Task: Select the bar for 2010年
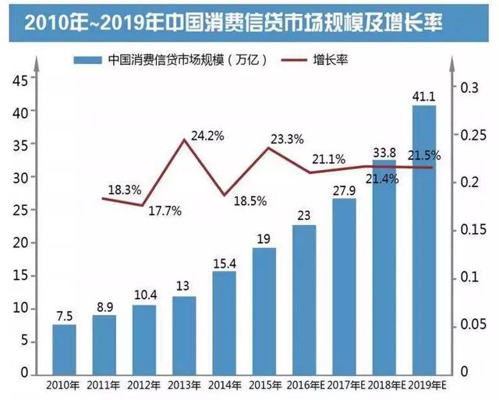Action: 65,349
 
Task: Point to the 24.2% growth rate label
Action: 208,136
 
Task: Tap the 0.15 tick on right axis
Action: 471,230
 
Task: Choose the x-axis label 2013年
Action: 184,384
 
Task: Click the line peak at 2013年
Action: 185,140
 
